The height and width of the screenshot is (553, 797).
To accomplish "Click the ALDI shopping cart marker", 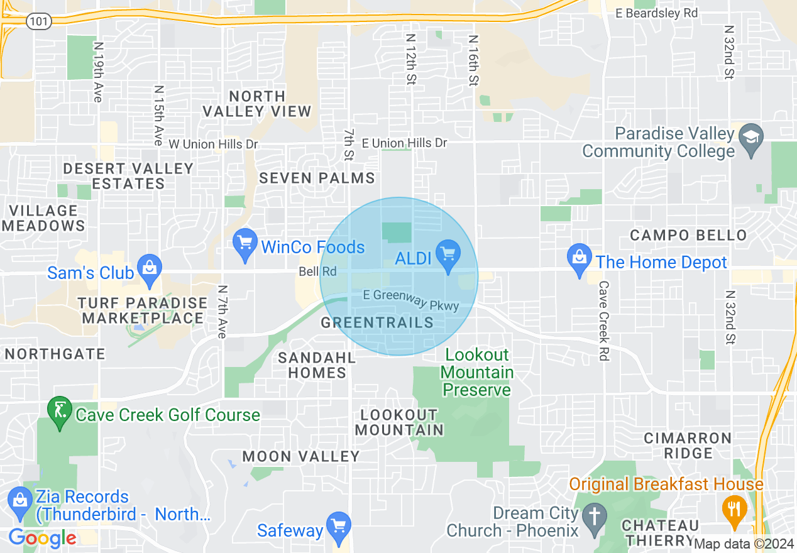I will [448, 255].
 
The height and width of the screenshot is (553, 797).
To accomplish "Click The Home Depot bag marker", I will [579, 259].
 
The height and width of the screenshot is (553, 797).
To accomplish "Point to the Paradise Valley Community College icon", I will [751, 136].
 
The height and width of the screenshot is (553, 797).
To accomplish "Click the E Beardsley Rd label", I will [657, 13].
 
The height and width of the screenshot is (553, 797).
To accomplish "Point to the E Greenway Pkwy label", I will [412, 300].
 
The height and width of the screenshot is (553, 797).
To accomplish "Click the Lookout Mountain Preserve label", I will [478, 373].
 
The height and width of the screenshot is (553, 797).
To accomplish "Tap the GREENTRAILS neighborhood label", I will [377, 322].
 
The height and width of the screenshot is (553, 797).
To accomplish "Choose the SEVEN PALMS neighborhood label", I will [317, 178].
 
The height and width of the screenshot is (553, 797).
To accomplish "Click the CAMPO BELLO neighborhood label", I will [688, 235].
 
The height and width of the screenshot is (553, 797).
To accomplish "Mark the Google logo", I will [42, 538].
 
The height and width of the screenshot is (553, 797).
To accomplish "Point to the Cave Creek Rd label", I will [603, 320].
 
